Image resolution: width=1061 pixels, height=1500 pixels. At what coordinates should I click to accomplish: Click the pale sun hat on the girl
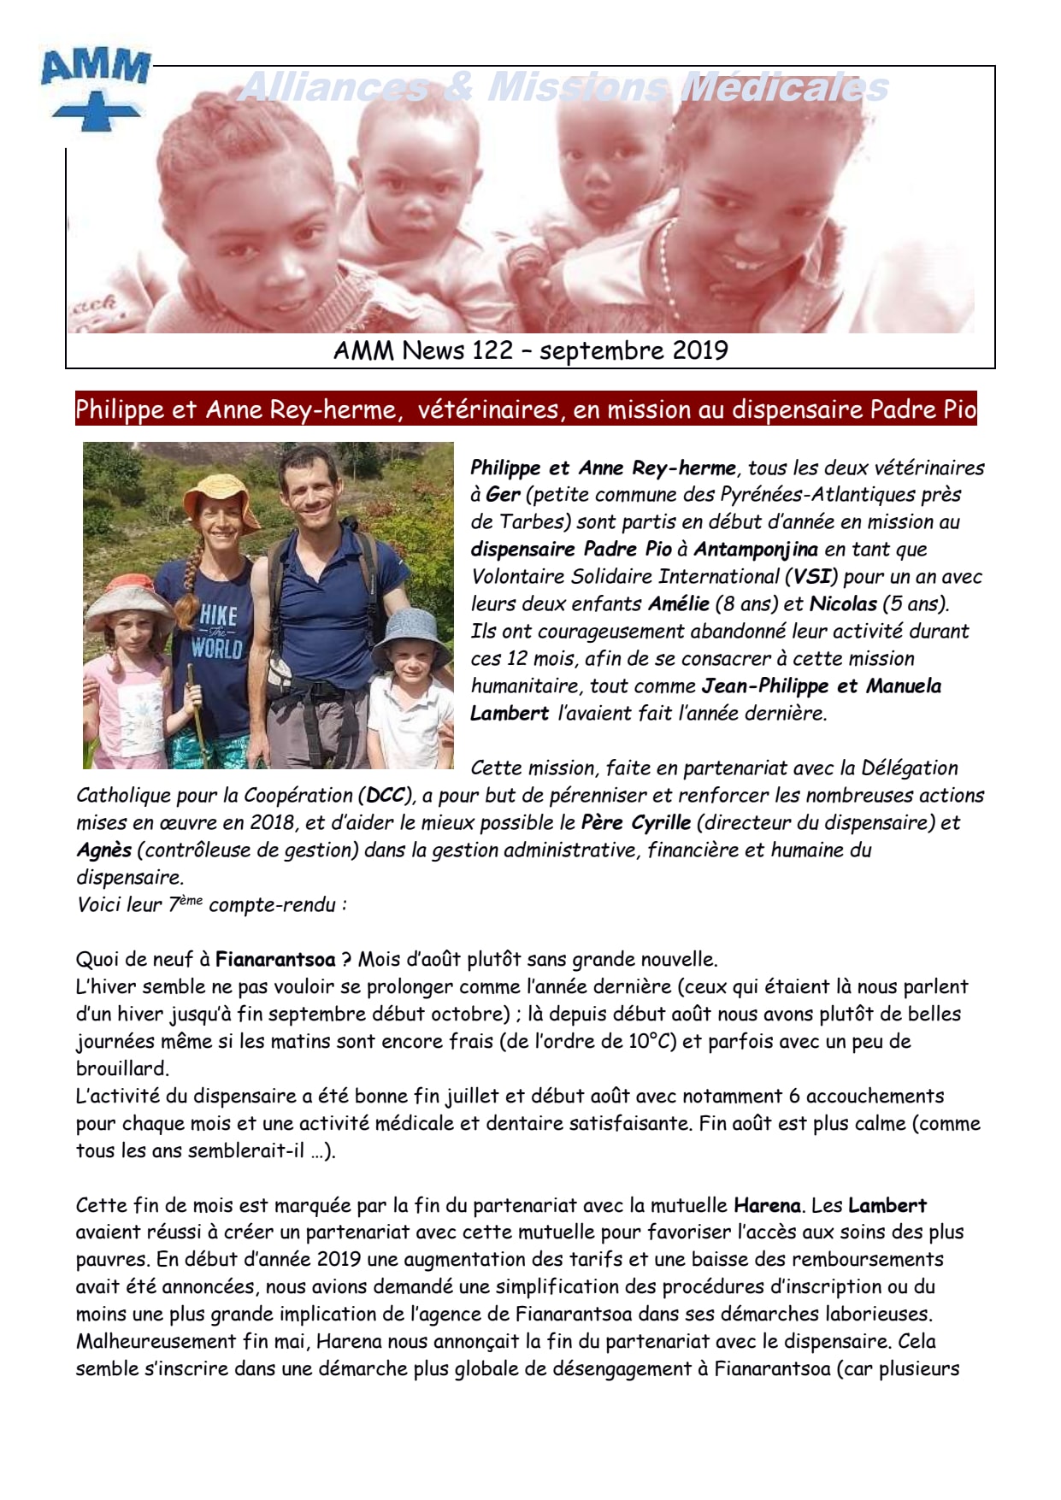131,591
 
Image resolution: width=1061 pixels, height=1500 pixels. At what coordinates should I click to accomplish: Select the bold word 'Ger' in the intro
504,495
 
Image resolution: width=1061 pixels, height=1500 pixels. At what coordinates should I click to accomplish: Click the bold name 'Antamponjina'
756,550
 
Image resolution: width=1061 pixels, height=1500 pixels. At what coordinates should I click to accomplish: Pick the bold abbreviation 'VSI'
812,577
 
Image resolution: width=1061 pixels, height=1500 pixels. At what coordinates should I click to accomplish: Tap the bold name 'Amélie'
679,604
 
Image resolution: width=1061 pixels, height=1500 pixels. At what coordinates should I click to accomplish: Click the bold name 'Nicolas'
843,604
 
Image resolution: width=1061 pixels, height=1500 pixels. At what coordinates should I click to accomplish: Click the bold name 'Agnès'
103,850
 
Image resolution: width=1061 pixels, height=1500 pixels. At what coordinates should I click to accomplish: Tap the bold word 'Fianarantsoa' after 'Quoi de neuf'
275,960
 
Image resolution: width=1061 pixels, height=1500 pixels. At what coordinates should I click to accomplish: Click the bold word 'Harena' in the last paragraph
767,1206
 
